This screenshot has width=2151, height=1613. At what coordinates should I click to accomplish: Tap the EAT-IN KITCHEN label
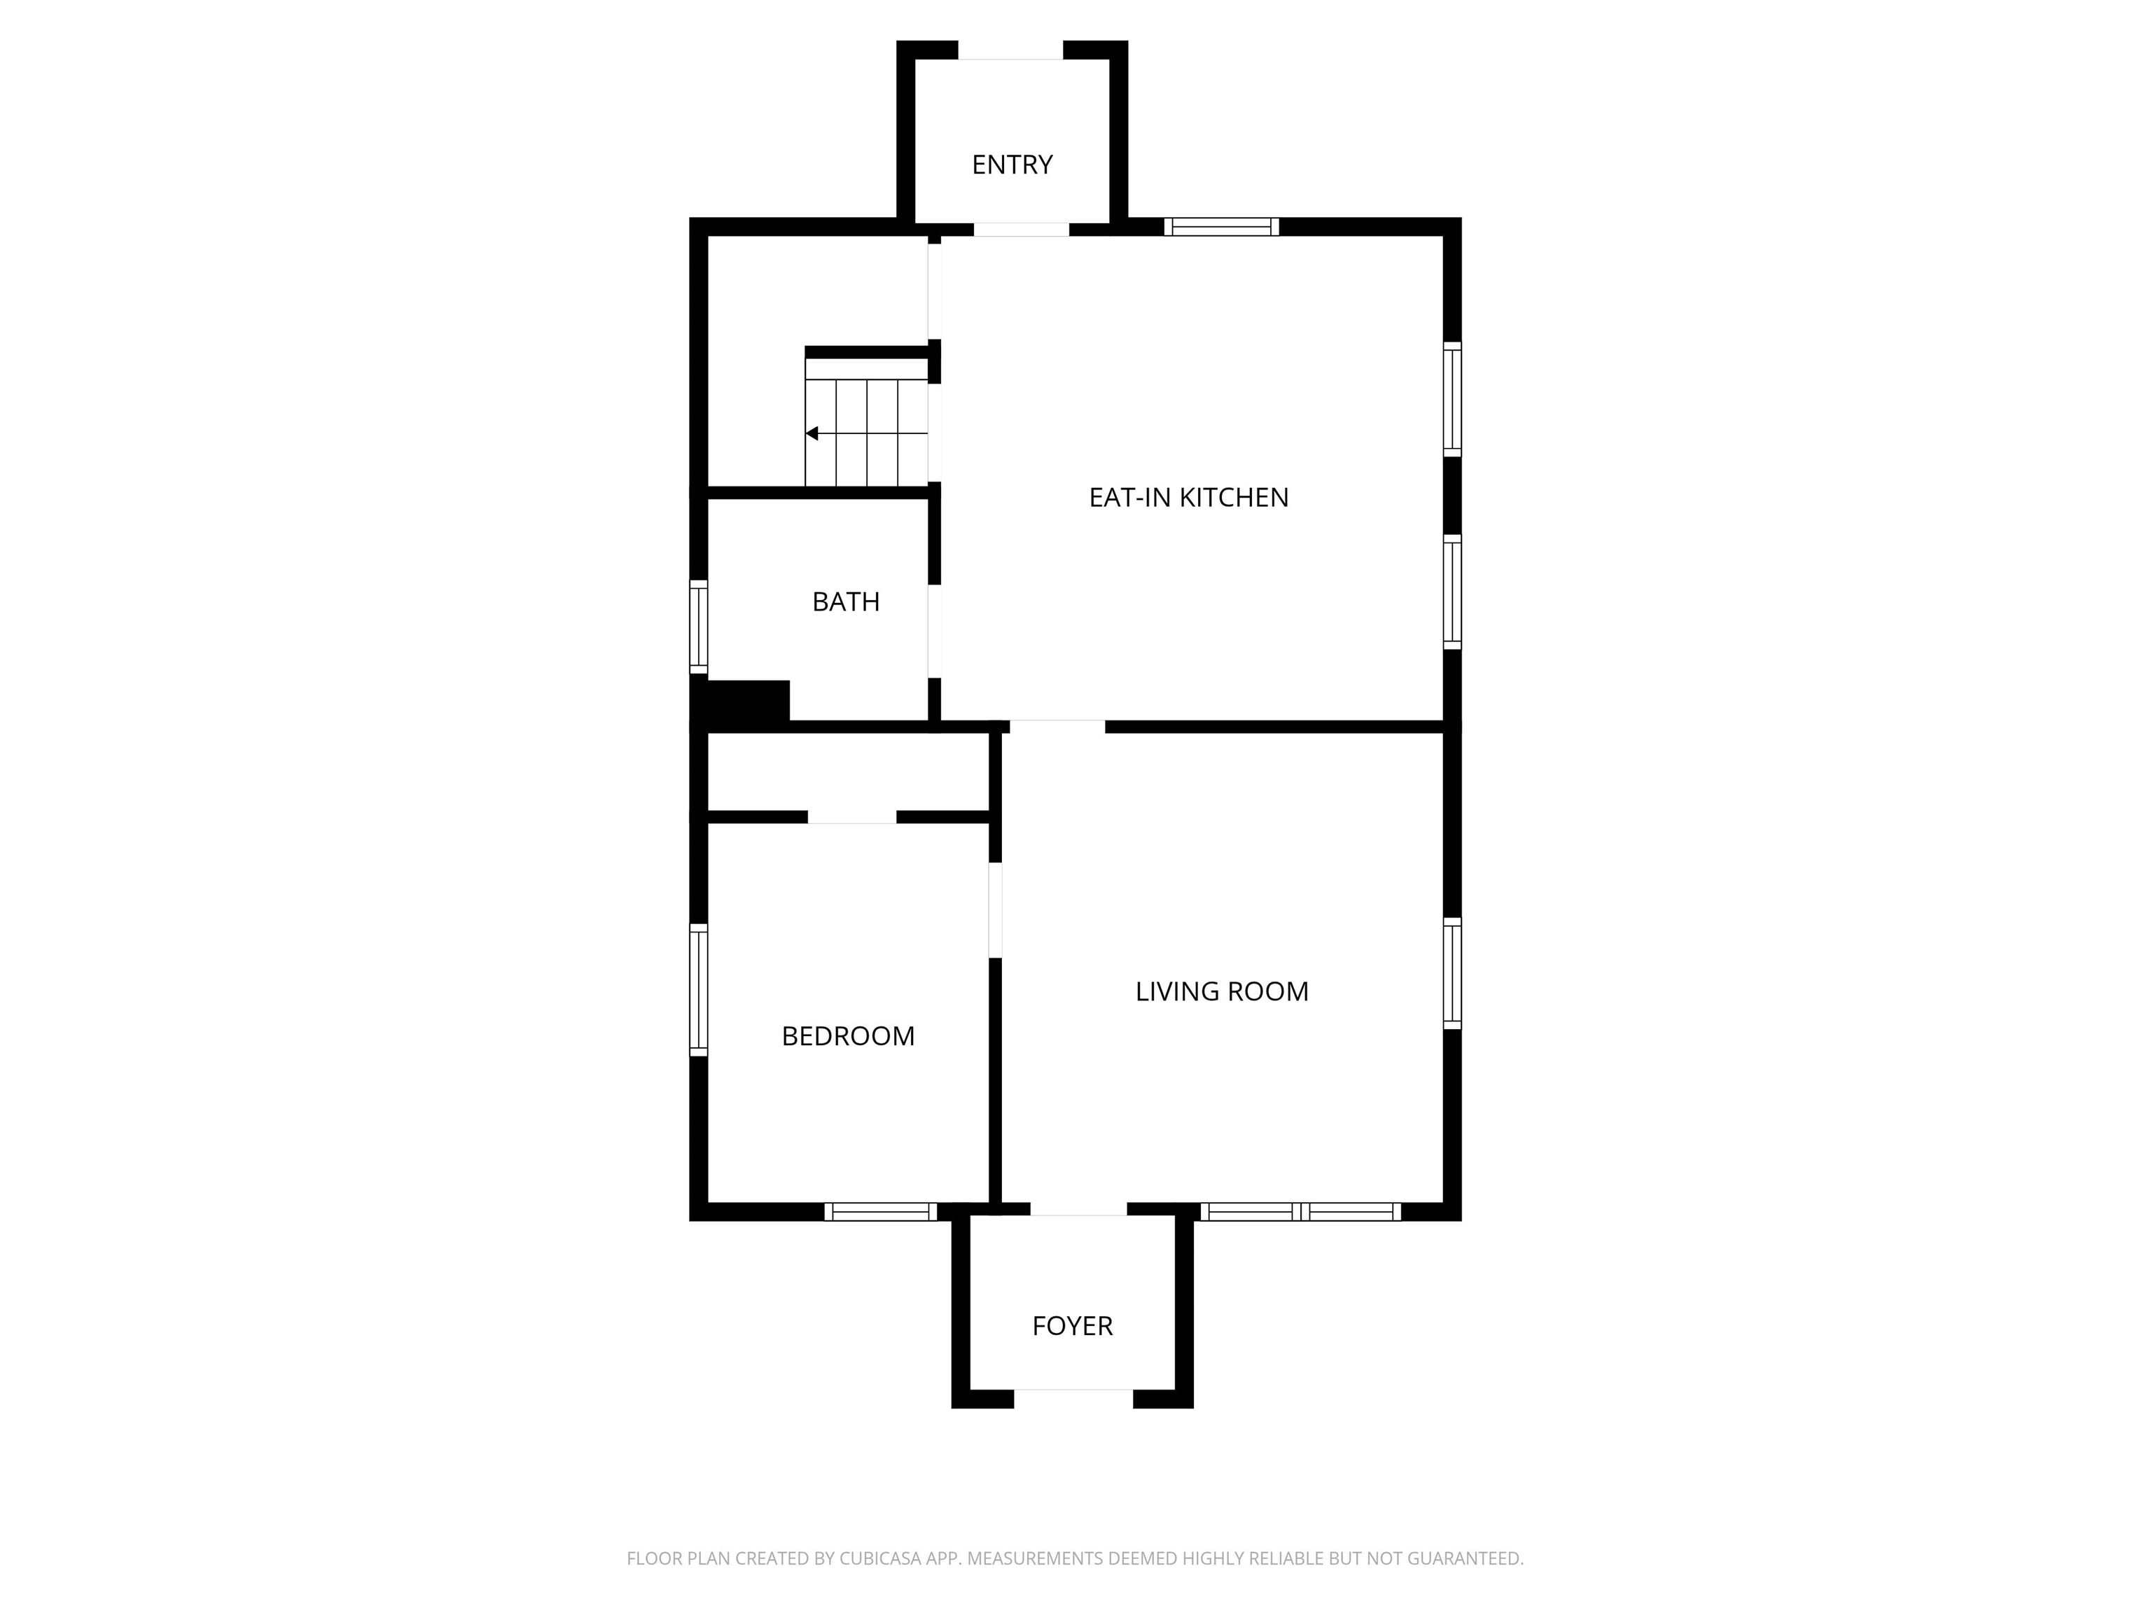point(1188,497)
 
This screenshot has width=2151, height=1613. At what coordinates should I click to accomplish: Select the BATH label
point(846,602)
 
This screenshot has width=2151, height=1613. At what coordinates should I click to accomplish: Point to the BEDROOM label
point(848,1036)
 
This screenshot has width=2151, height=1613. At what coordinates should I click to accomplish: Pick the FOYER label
point(1071,1326)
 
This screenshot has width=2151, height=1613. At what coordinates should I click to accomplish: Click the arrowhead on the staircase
point(812,433)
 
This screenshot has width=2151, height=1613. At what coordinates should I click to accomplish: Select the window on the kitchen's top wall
point(1221,227)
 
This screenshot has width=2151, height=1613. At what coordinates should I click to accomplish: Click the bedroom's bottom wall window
point(881,1211)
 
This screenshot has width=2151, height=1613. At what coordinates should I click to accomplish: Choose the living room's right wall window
point(1452,973)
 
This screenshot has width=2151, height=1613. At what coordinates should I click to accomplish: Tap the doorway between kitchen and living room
point(1057,726)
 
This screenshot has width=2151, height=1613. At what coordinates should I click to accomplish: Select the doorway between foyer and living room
point(1078,1210)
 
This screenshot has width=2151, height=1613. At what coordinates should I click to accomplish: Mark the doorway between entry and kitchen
point(1021,230)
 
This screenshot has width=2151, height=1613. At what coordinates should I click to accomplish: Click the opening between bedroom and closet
point(852,817)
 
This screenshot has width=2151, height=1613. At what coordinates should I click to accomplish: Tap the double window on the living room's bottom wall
point(1301,1211)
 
